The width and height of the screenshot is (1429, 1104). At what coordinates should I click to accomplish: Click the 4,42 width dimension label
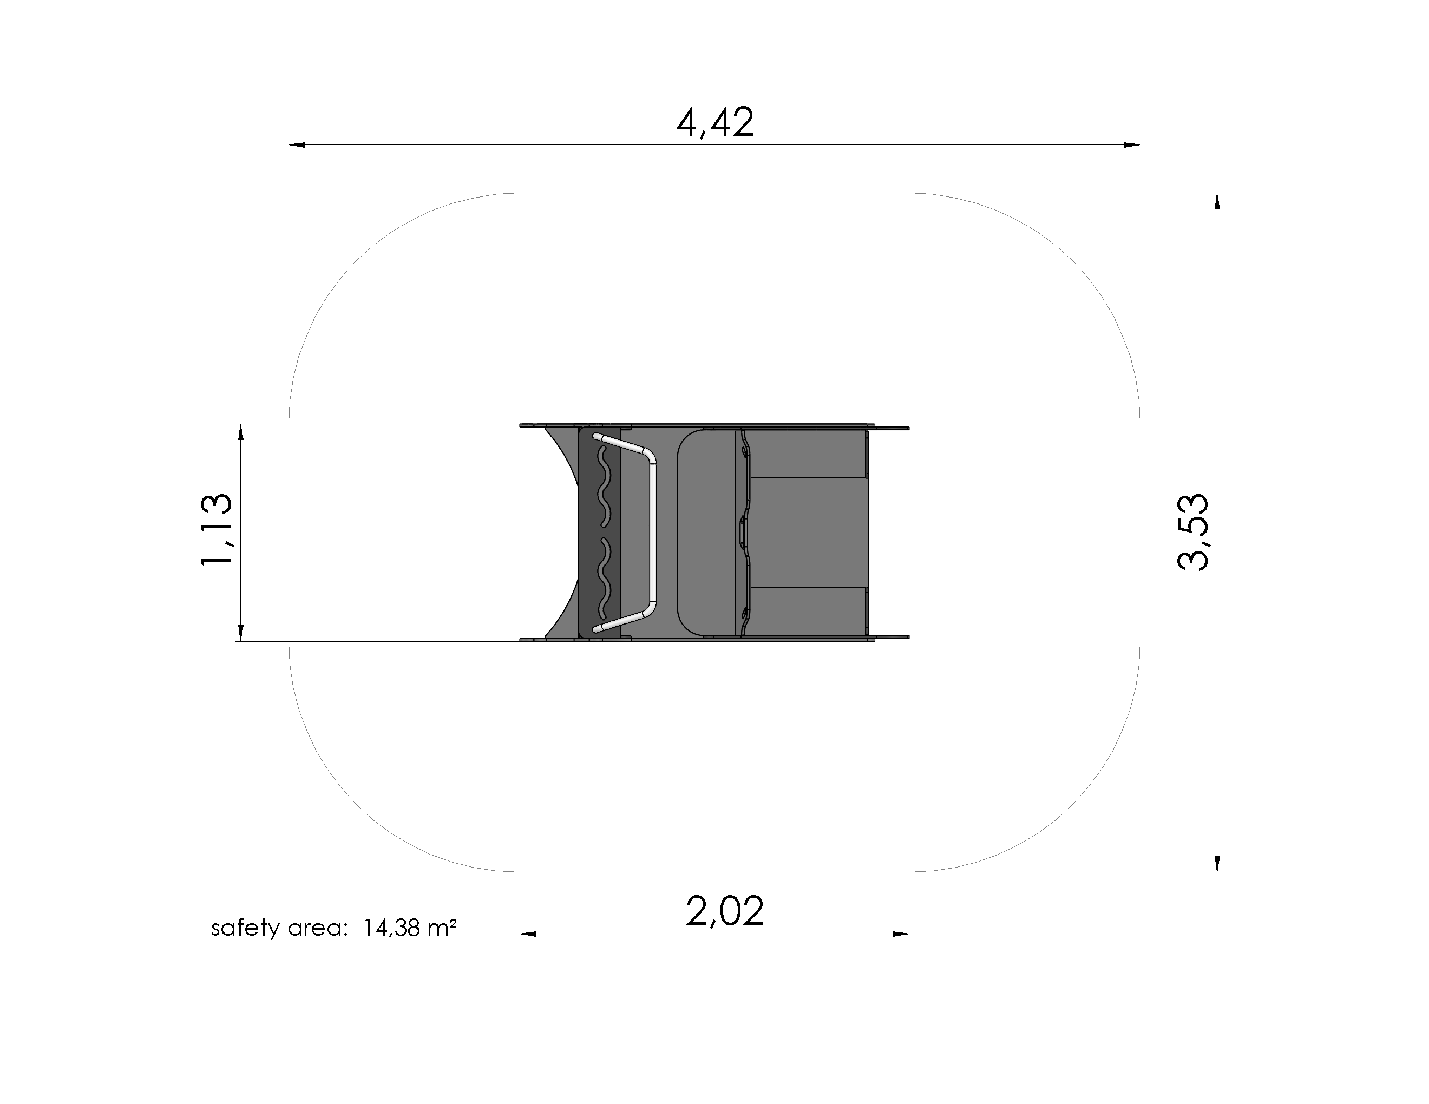coord(714,122)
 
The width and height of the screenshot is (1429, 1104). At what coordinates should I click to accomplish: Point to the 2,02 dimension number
coord(725,911)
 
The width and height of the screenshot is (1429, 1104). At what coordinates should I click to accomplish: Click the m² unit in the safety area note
coord(442,928)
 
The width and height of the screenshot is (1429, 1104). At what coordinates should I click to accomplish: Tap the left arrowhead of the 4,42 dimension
coord(298,144)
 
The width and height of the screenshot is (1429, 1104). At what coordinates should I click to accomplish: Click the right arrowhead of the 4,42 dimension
coord(1132,144)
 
